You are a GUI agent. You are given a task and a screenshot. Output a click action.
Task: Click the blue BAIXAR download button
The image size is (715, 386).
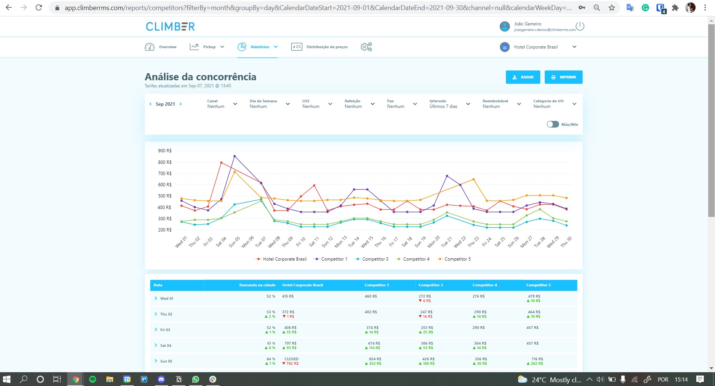(523, 77)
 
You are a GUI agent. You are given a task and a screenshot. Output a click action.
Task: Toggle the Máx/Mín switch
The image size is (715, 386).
(553, 124)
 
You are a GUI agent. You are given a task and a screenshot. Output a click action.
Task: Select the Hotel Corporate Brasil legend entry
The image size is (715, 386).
(281, 259)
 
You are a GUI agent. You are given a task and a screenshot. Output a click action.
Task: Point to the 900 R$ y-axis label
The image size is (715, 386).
(165, 151)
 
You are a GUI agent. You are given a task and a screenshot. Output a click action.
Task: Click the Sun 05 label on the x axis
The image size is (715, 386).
(234, 242)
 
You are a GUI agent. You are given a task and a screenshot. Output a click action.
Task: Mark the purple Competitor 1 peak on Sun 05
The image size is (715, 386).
(234, 156)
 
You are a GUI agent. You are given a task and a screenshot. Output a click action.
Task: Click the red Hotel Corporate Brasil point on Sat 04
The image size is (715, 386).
(221, 163)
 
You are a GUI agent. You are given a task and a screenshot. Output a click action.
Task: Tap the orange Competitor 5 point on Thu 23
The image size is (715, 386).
(473, 180)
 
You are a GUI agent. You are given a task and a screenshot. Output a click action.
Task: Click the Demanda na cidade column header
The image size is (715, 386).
(257, 285)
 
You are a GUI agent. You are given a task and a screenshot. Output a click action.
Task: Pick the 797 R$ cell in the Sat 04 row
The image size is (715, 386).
(290, 343)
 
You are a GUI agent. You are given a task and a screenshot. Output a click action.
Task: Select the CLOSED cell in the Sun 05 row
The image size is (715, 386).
(291, 359)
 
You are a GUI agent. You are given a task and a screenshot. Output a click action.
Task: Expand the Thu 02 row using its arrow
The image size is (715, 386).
(156, 314)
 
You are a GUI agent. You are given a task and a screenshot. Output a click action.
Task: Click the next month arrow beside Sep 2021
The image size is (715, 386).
(181, 104)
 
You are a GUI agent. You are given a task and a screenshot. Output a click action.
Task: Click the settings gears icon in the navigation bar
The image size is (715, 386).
(366, 47)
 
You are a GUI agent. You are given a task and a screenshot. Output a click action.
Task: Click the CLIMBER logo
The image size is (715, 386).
(170, 27)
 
